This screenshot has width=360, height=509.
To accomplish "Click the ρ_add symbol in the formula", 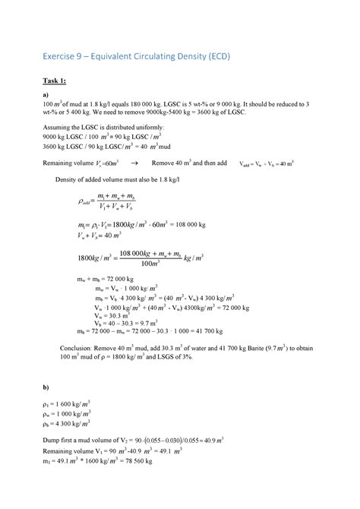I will [x=85, y=202].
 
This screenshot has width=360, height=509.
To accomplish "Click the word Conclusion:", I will [x=78, y=347].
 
